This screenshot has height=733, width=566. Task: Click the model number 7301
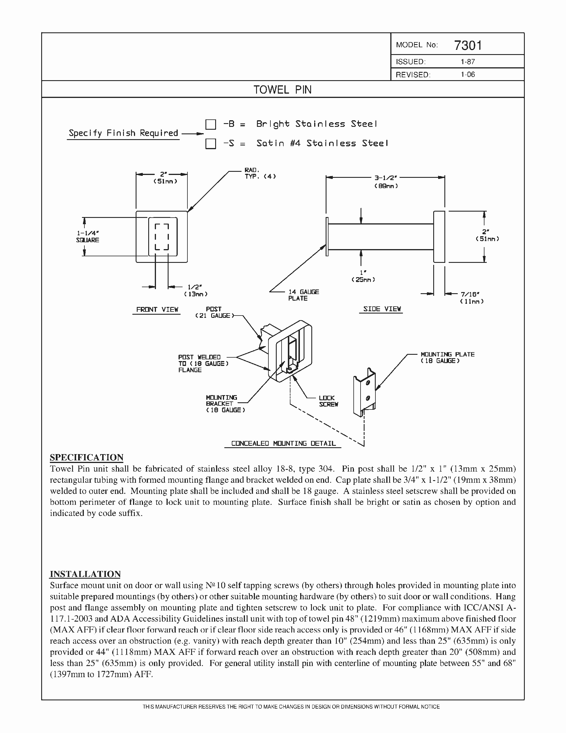click(468, 45)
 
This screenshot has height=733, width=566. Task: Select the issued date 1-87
click(468, 62)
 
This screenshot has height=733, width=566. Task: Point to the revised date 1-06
click(468, 74)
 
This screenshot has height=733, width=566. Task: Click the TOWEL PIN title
click(282, 90)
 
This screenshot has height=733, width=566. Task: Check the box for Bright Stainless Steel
click(210, 125)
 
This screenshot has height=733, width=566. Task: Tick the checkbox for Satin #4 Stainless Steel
click(210, 144)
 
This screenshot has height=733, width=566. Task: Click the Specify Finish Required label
click(123, 133)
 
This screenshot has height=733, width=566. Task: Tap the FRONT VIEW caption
click(157, 310)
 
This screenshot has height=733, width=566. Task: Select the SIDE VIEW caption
click(382, 309)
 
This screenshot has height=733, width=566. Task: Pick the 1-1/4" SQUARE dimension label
click(88, 236)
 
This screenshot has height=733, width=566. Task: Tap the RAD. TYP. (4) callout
click(260, 173)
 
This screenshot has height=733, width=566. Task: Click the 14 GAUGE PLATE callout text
click(304, 295)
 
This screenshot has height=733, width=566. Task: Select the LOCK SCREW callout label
click(328, 401)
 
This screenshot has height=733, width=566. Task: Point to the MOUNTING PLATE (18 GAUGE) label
click(448, 357)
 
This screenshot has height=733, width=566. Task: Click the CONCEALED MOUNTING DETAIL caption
click(284, 443)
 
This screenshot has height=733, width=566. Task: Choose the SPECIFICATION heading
click(87, 458)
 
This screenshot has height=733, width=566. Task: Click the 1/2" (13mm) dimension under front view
click(196, 290)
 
